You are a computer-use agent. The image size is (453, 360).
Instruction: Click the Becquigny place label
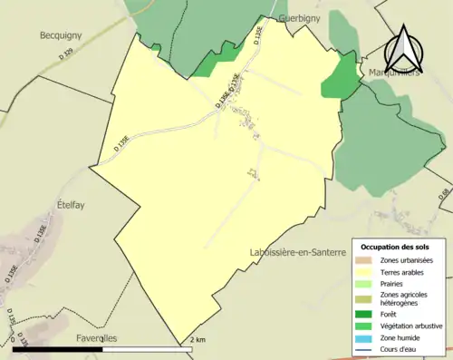(x=62, y=35)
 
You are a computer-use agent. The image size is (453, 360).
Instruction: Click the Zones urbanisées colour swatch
(x=367, y=260)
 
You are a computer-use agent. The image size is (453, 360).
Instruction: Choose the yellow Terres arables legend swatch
(x=367, y=272)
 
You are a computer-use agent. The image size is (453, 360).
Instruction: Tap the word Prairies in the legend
(x=395, y=284)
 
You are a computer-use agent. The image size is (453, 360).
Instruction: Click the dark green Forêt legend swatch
(x=367, y=313)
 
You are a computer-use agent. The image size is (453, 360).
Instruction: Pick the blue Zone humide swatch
(x=367, y=336)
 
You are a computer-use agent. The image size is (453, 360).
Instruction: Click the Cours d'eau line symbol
(x=367, y=348)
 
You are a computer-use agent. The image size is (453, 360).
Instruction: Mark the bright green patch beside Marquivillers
(x=341, y=76)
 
